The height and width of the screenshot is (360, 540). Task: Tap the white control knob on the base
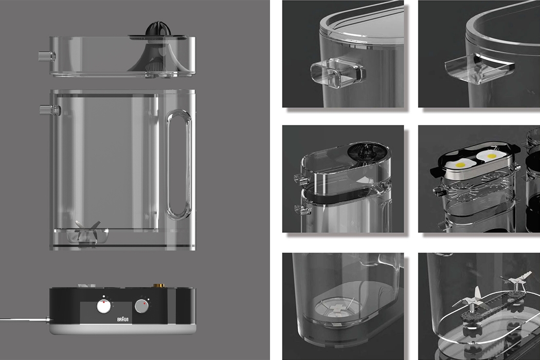coord(104,307)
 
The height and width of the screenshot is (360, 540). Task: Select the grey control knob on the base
coord(141,307)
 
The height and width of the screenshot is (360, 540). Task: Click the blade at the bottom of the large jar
coord(84,230)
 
